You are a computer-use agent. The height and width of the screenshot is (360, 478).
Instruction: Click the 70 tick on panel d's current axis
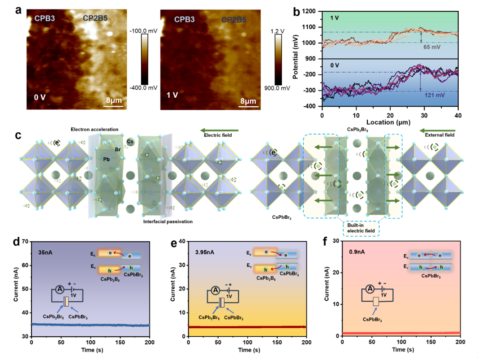tap(25, 242)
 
